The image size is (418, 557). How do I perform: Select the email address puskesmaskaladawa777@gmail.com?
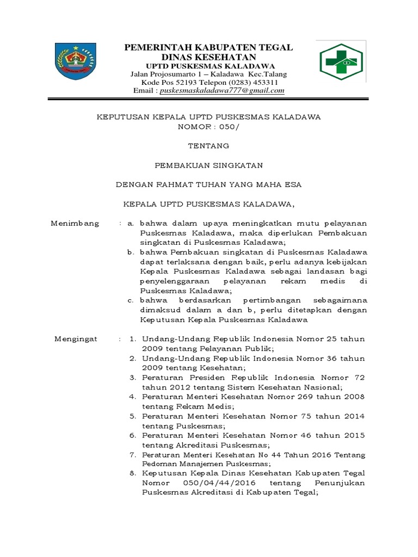click(223, 91)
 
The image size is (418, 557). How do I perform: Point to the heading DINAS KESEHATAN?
click(208, 57)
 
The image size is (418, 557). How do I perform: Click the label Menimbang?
click(75, 223)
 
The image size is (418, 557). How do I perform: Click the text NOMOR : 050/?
click(208, 126)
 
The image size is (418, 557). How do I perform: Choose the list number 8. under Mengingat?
click(132, 474)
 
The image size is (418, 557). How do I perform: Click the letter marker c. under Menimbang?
click(131, 300)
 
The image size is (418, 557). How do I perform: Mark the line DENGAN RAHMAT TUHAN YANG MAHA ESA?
click(208, 185)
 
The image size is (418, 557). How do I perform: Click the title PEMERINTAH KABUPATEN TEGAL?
click(208, 48)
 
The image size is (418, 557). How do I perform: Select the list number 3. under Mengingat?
click(132, 377)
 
